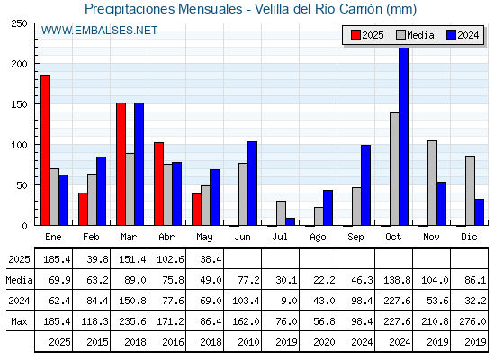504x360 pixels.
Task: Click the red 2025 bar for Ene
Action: pyautogui.click(x=45, y=150)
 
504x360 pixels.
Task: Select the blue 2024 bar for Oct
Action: pyautogui.click(x=404, y=136)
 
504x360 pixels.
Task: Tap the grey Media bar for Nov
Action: pyautogui.click(x=432, y=183)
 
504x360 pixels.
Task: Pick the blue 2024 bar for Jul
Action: pyautogui.click(x=290, y=221)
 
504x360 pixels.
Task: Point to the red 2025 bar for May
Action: pyautogui.click(x=196, y=210)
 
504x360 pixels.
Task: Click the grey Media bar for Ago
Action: pyautogui.click(x=319, y=216)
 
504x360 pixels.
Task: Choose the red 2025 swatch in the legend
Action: pyautogui.click(x=355, y=35)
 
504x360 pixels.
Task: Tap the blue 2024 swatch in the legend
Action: pyautogui.click(x=451, y=35)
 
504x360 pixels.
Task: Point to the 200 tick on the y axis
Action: pyautogui.click(x=36, y=64)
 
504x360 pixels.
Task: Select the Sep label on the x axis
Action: pyautogui.click(x=355, y=238)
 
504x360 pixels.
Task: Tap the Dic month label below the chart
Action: pyautogui.click(x=469, y=237)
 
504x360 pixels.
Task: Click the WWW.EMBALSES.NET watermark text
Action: pyautogui.click(x=99, y=31)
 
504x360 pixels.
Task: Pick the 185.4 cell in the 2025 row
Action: pyautogui.click(x=57, y=259)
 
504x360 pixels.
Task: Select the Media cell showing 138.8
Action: pyautogui.click(x=397, y=280)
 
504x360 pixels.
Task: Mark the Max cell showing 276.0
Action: pyautogui.click(x=472, y=321)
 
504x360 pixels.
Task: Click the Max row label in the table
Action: pyautogui.click(x=19, y=321)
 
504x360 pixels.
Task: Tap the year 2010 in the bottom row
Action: pyautogui.click(x=248, y=342)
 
